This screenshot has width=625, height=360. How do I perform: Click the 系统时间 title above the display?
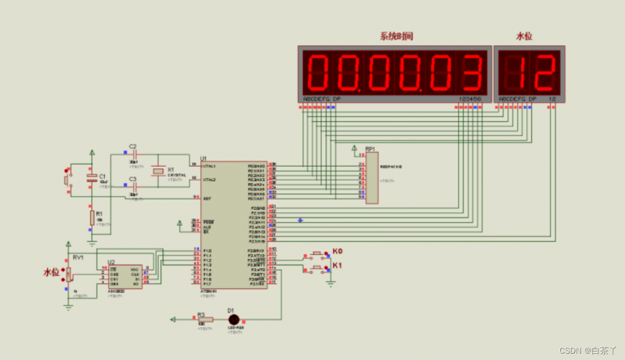396,36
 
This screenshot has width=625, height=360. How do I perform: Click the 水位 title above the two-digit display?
524,36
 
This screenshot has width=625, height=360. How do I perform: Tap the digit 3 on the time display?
469,73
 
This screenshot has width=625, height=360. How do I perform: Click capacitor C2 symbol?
134,155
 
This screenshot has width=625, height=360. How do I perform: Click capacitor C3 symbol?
134,187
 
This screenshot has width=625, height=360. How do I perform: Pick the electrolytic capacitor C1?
91,178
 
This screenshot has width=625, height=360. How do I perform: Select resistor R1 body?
91,218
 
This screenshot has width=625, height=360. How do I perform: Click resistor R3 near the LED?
205,319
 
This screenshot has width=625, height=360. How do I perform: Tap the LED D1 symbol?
233,319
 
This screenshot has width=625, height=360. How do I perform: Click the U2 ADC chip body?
124,277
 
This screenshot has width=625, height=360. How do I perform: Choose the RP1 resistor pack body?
372,178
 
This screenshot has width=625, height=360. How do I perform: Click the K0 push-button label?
337,252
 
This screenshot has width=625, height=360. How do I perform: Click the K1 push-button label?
337,266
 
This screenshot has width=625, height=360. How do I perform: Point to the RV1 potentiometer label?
78,257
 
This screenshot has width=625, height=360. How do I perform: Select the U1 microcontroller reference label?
203,158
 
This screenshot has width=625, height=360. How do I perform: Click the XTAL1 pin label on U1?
209,166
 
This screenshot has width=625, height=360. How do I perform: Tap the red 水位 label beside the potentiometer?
52,272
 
